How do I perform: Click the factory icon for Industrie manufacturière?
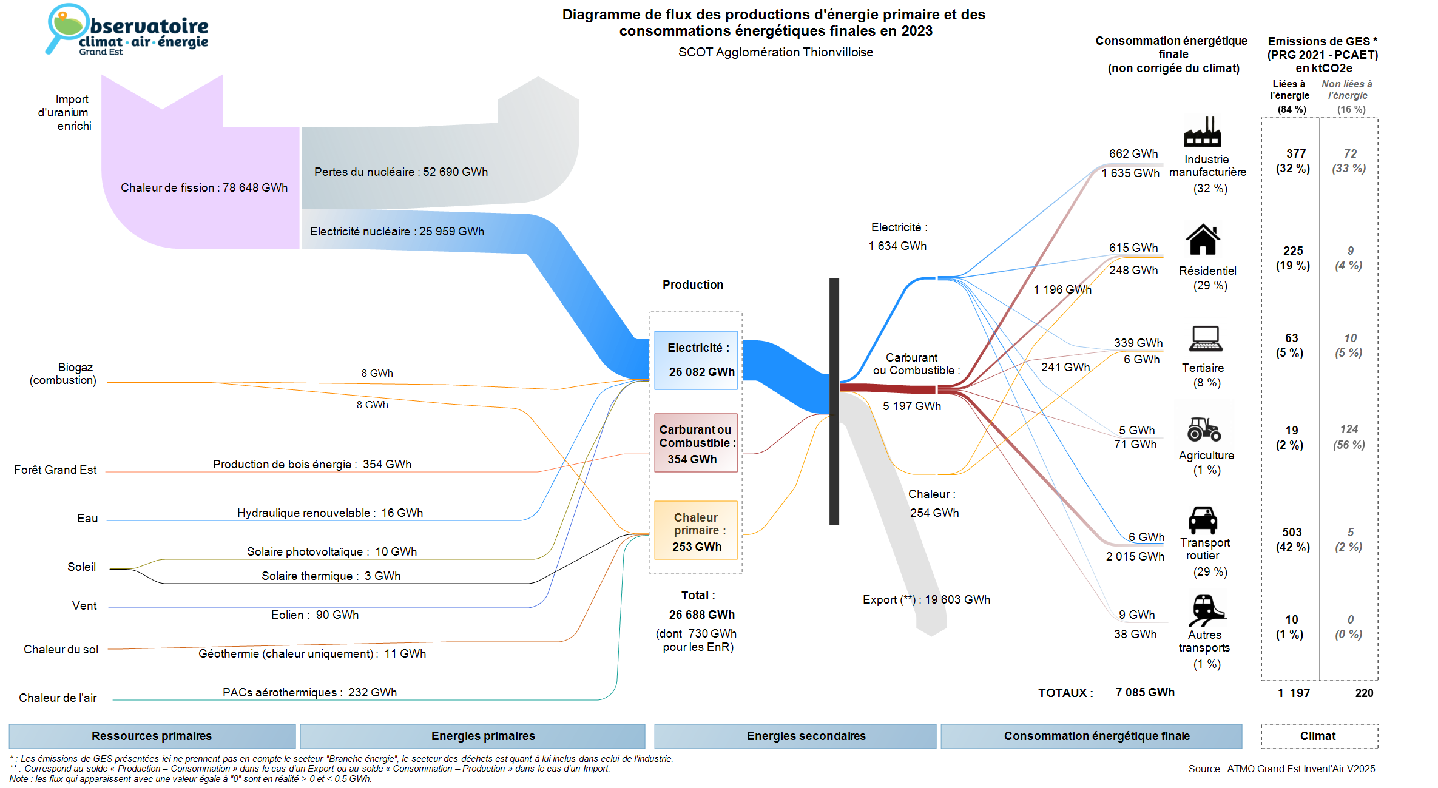click(x=1202, y=132)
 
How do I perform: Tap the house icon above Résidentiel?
click(x=1203, y=240)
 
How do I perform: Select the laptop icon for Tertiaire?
click(x=1205, y=338)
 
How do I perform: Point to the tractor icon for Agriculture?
click(x=1204, y=429)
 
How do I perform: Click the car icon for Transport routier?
click(x=1203, y=520)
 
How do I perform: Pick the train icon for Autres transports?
click(x=1206, y=610)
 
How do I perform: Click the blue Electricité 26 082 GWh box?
click(x=696, y=360)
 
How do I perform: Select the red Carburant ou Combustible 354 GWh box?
click(x=696, y=443)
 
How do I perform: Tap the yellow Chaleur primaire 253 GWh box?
click(x=696, y=530)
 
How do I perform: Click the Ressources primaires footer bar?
click(x=152, y=736)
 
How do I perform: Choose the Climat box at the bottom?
click(x=1318, y=736)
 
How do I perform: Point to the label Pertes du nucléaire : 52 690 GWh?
click(x=400, y=172)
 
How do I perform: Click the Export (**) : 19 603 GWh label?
click(x=926, y=599)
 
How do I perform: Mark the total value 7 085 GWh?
click(x=1144, y=692)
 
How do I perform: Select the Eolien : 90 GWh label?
click(x=314, y=615)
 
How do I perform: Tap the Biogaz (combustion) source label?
click(x=63, y=374)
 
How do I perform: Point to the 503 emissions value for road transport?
click(x=1292, y=532)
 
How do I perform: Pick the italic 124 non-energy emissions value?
click(x=1349, y=429)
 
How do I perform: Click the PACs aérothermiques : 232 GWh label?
click(x=309, y=692)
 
